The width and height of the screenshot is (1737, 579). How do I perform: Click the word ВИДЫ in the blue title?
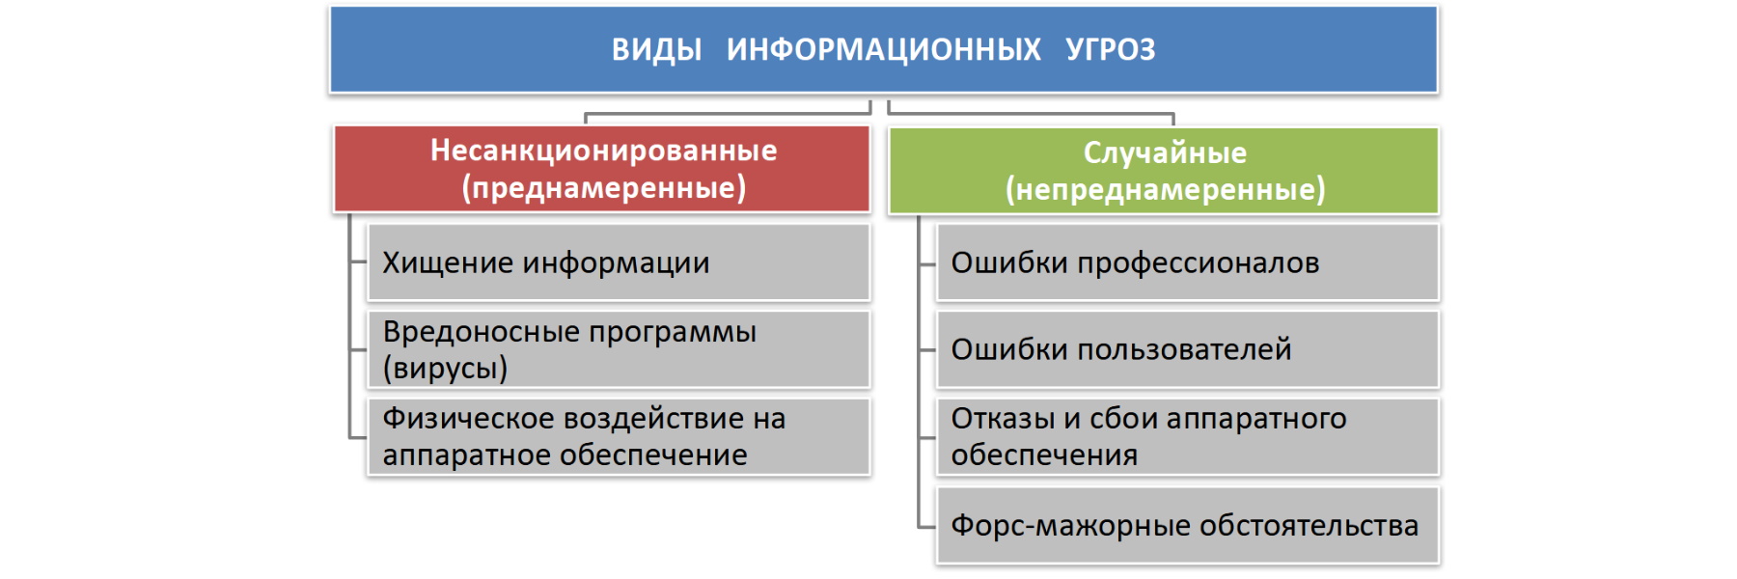point(656,49)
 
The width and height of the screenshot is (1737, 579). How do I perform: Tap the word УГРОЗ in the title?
point(1110,49)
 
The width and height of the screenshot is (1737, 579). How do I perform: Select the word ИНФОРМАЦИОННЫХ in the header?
point(883,49)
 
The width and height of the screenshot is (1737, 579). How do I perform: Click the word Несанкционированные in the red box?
point(603,151)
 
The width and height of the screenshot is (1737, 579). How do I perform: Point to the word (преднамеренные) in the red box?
point(603,187)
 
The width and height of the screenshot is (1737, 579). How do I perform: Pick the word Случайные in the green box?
point(1165,152)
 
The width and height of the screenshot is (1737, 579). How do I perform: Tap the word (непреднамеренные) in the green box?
point(1165,189)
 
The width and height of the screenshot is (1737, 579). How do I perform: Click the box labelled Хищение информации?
point(619,262)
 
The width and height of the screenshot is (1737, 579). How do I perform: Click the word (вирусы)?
point(445,369)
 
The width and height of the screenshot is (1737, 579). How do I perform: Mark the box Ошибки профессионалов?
point(1188,262)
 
